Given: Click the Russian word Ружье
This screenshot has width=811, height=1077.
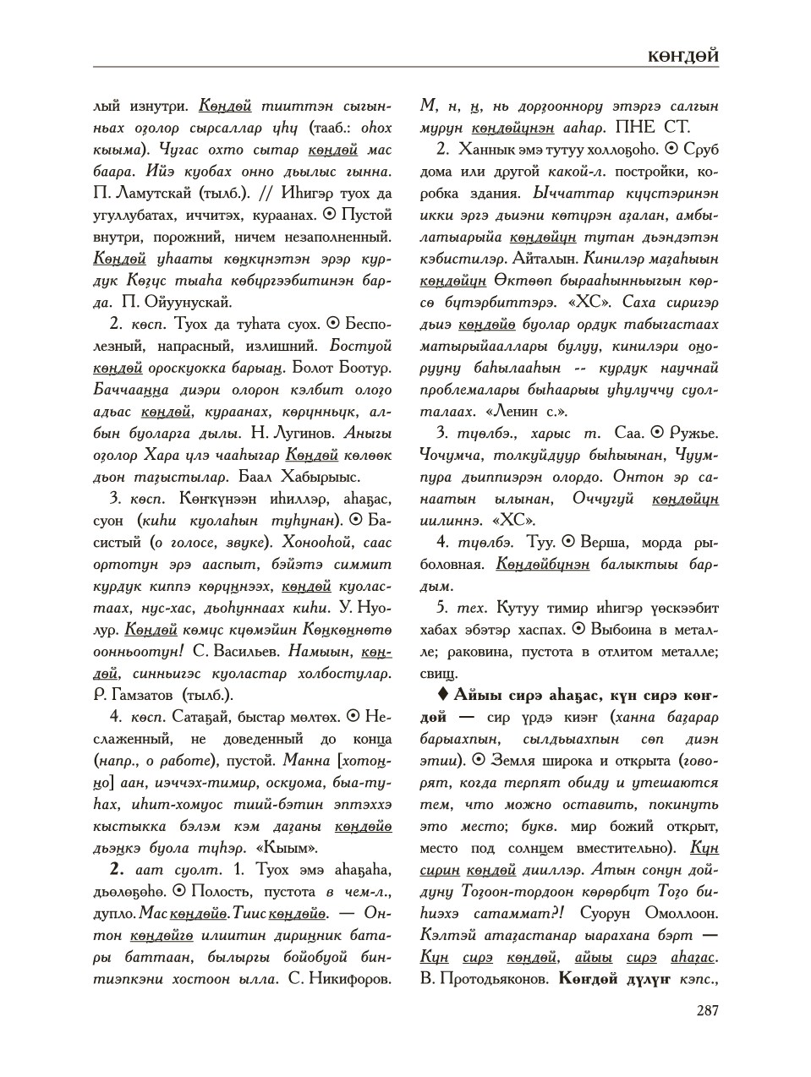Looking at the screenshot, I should coord(693,433).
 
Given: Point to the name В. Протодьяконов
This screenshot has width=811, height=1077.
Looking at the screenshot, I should coord(483,980).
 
